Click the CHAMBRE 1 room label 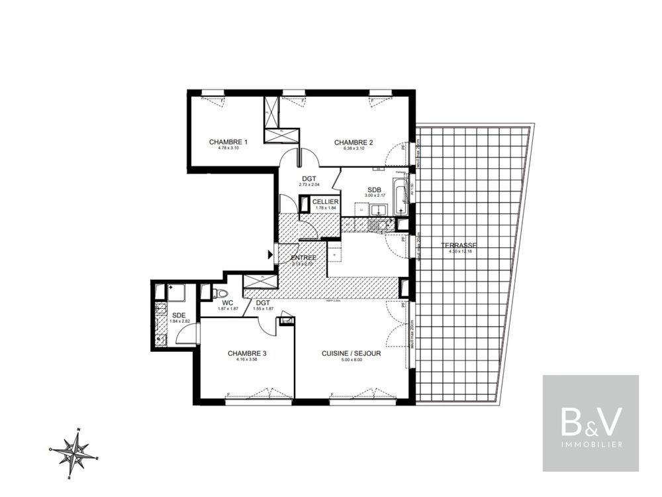(228, 142)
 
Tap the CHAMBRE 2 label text (354, 142)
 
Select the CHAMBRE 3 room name (247, 354)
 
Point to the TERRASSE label (458, 245)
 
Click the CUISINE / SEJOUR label (351, 354)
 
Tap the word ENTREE (303, 257)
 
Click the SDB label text (374, 190)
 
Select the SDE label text (179, 315)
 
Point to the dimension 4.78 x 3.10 (228, 148)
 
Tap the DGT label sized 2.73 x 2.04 (308, 178)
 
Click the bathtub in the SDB (401, 195)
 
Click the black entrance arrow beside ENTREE (270, 254)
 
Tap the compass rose (74, 453)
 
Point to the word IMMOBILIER (591, 444)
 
